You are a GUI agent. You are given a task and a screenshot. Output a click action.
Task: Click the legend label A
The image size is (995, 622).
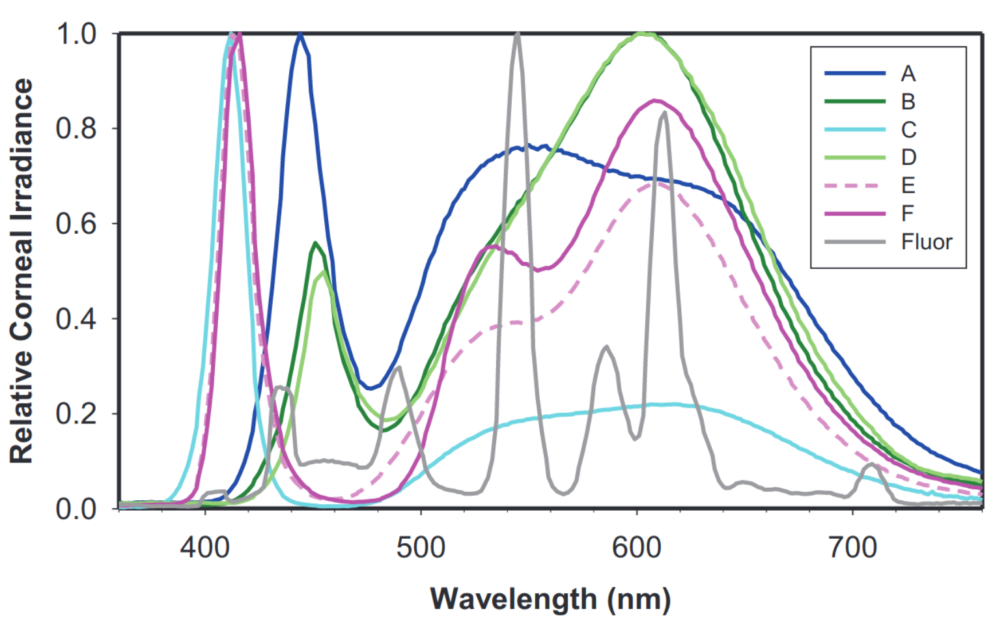908,74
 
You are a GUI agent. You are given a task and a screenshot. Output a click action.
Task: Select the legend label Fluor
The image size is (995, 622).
926,242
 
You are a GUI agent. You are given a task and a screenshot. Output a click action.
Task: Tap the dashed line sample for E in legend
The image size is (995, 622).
854,186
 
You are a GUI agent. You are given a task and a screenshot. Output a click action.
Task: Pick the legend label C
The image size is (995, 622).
908,130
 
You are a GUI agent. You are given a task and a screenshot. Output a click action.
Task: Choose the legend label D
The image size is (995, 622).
908,158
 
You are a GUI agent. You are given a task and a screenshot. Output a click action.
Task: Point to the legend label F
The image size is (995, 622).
907,214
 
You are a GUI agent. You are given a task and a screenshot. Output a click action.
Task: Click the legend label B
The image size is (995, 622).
908,102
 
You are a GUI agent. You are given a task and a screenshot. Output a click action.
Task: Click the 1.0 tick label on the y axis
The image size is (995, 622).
76,34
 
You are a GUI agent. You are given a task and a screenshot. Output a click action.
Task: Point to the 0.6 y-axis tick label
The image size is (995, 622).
76,223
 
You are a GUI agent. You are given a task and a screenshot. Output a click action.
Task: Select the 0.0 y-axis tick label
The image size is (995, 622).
76,509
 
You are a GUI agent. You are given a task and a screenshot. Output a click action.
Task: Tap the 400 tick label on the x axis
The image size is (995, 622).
205,547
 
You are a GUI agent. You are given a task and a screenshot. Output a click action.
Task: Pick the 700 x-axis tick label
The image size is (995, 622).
852,547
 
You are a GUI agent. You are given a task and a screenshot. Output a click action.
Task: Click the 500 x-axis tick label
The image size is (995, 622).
421,547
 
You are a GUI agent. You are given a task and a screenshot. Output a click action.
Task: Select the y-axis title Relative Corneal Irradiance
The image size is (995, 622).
21,270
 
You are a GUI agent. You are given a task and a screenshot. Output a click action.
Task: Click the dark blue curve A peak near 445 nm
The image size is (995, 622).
300,34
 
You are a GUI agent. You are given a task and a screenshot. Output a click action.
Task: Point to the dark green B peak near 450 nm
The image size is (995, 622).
315,243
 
